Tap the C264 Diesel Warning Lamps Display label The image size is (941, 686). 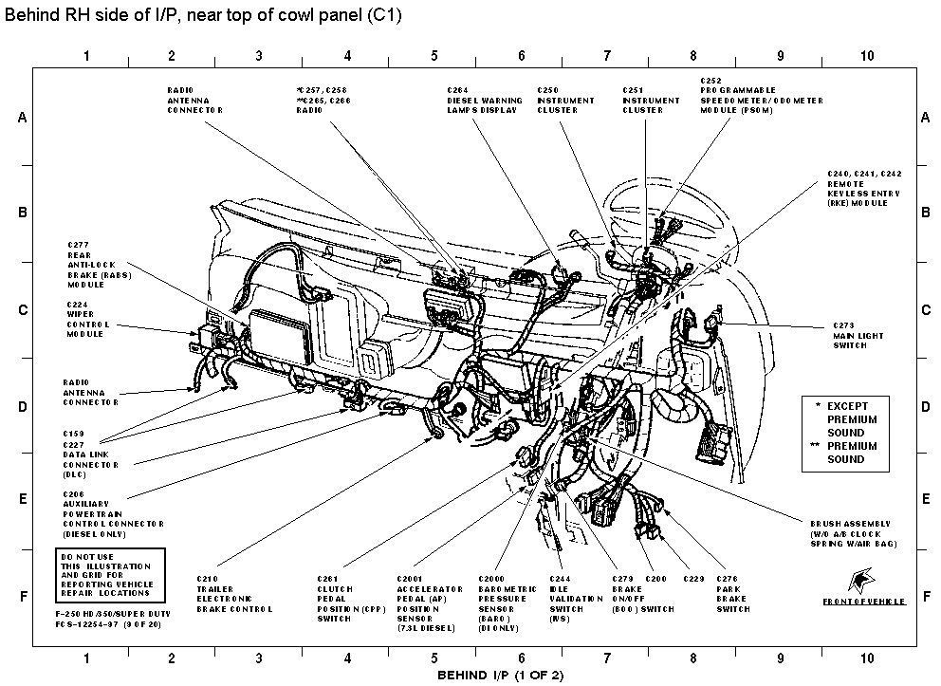click(x=482, y=100)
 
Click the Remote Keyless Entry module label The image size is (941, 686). click(x=863, y=189)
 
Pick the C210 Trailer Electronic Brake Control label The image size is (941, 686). click(x=233, y=594)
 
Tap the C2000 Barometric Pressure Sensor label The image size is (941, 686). click(x=505, y=603)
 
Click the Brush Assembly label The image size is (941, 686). click(x=853, y=533)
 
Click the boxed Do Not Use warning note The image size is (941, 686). click(x=110, y=572)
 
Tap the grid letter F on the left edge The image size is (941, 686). click(x=22, y=597)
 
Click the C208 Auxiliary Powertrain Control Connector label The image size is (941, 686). click(x=113, y=509)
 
